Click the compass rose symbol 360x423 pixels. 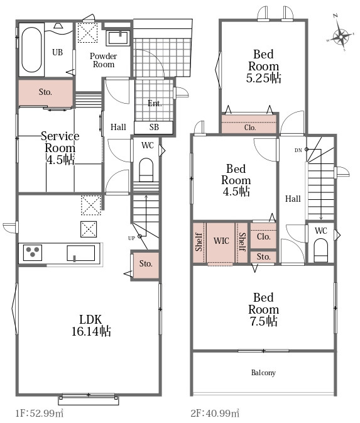[341, 36]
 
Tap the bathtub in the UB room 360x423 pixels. [32, 50]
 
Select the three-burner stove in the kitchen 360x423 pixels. [33, 253]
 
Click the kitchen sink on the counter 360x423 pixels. [80, 253]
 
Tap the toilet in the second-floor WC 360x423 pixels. [321, 250]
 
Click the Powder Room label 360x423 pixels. [103, 60]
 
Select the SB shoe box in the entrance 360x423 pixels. [154, 128]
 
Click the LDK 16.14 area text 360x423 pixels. [91, 326]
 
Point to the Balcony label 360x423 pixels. [263, 373]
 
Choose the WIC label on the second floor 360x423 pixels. [221, 241]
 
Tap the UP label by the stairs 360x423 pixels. [131, 238]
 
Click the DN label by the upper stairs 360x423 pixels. [298, 150]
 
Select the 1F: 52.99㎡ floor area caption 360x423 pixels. [40, 413]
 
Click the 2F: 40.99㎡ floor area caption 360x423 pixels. [215, 413]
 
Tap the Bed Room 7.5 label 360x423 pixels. [263, 309]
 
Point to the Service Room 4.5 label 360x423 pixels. [60, 148]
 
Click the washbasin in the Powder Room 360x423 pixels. [118, 38]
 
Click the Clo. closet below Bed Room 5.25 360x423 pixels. [249, 124]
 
